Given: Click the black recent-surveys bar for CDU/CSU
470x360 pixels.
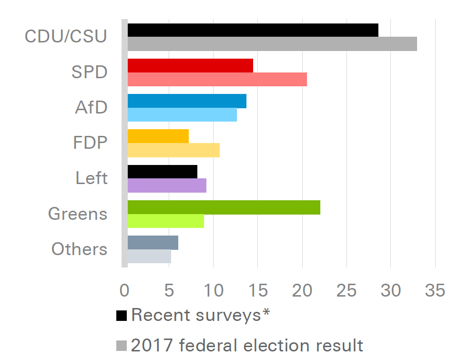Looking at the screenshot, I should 253,30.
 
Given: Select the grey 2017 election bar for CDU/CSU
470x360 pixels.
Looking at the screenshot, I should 272,44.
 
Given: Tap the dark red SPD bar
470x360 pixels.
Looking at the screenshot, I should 190,65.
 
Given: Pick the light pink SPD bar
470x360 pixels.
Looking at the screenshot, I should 217,79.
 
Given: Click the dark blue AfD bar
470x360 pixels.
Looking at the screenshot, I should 187,101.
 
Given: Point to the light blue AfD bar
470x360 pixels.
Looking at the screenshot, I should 182,114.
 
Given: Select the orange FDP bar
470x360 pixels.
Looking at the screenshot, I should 158,136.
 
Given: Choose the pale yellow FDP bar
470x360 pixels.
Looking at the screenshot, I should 174,150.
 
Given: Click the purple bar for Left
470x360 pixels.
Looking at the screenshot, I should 167,185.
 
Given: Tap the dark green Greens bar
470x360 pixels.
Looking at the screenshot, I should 224,207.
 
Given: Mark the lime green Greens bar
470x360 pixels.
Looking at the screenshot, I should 166,221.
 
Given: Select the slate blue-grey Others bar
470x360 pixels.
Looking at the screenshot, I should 153,242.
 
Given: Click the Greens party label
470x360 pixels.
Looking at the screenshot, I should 78,214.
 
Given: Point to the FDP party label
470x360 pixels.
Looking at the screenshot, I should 90,143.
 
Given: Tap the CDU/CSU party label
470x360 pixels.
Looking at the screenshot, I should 66,37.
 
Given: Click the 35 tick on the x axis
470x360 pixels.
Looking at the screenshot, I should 435,290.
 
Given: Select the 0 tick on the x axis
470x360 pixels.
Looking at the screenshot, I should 125,290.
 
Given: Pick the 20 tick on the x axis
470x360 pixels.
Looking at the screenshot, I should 302,290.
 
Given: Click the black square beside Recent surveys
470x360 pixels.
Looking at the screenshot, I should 122,315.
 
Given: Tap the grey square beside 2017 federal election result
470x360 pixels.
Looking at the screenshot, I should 122,345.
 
